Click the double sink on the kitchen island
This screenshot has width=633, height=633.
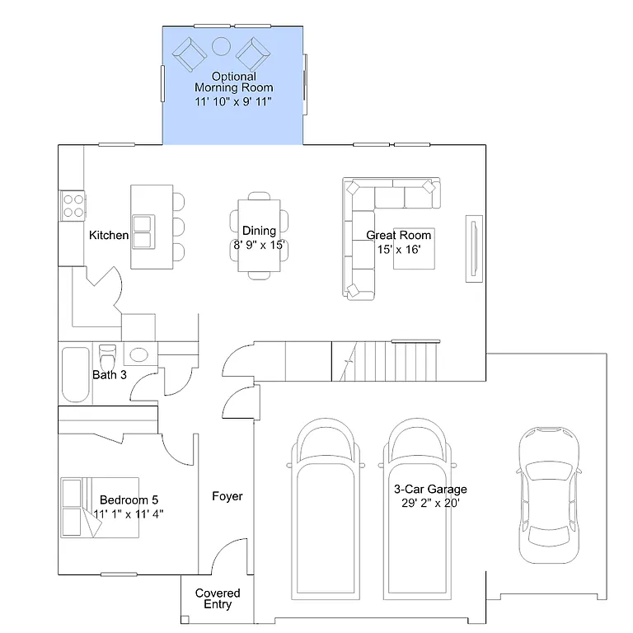[143, 232]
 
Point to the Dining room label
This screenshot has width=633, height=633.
[259, 231]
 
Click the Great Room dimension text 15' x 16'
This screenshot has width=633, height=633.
[399, 250]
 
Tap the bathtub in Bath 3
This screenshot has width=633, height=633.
[75, 374]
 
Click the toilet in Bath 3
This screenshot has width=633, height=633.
[107, 359]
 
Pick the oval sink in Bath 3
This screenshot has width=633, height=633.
[138, 354]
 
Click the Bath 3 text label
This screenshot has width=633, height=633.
[109, 376]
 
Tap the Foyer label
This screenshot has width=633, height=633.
[227, 496]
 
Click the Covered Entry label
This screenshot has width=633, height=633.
[218, 598]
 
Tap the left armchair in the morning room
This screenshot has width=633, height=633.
[189, 54]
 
